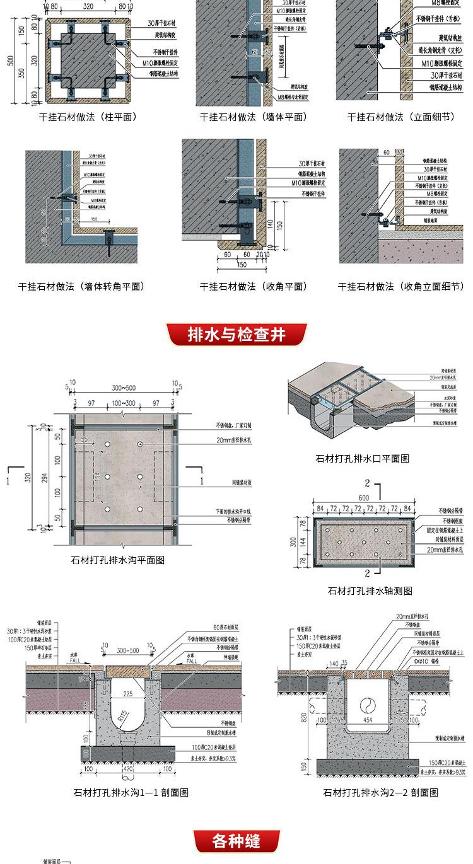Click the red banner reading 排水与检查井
click(x=237, y=335)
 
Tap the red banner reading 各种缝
click(x=237, y=841)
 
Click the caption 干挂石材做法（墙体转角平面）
click(x=81, y=287)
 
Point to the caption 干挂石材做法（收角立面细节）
click(x=401, y=287)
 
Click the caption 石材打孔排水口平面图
click(x=362, y=459)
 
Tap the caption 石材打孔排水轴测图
click(x=370, y=591)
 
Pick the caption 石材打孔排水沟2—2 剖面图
click(x=380, y=793)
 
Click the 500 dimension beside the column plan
click(x=10, y=60)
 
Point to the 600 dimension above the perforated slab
click(x=365, y=497)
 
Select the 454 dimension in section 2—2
click(x=366, y=720)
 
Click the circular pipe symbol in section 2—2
click(x=366, y=704)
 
